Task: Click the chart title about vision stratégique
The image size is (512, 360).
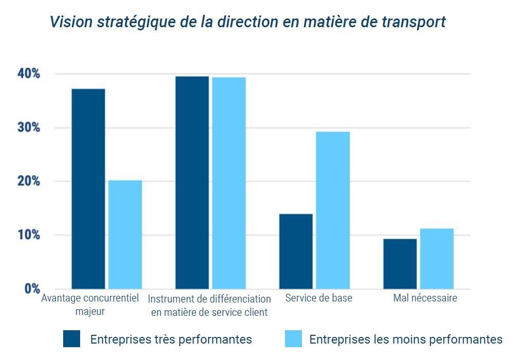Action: click(x=248, y=22)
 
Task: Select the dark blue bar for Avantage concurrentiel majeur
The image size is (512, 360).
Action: click(x=88, y=188)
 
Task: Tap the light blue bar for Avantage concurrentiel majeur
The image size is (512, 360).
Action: click(x=125, y=234)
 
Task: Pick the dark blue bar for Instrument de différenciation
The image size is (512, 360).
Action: click(x=192, y=182)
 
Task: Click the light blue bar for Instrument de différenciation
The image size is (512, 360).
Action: click(x=229, y=183)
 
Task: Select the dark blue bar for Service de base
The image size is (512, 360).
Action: click(x=296, y=251)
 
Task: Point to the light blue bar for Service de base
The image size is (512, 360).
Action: click(x=333, y=210)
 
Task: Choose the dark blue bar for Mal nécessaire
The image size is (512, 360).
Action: click(x=400, y=263)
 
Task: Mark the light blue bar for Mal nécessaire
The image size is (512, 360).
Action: click(x=437, y=258)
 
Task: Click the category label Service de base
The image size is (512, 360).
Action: click(x=318, y=298)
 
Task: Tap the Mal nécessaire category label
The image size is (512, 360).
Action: click(x=425, y=298)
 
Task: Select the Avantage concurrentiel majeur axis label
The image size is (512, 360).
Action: click(x=90, y=305)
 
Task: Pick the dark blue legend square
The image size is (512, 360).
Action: click(x=71, y=339)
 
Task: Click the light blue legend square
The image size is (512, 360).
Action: click(x=293, y=339)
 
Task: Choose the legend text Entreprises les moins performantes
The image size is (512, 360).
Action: click(x=406, y=339)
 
